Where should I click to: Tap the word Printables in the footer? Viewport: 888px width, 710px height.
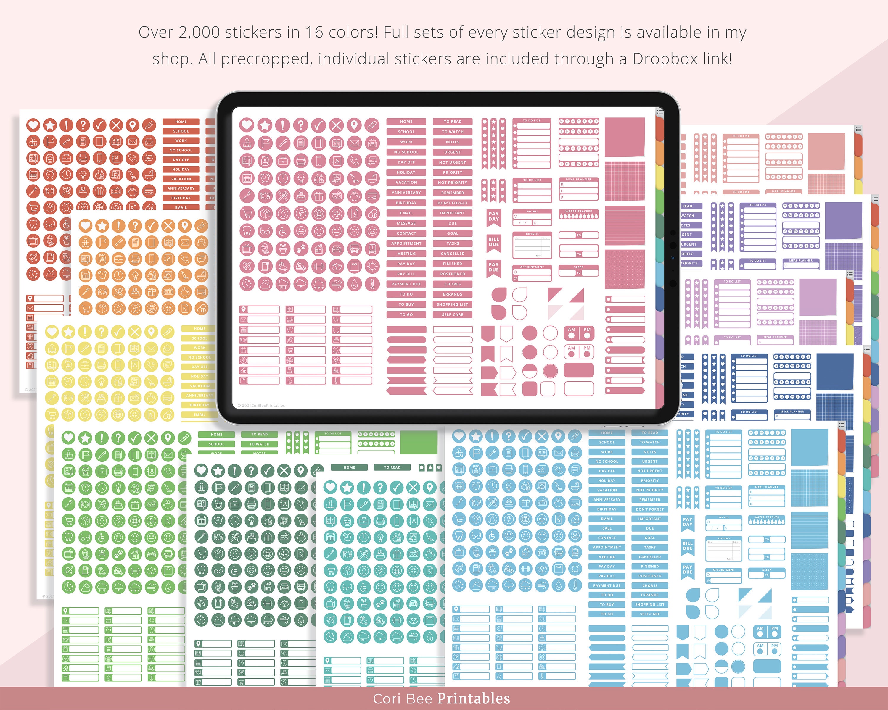[473, 699]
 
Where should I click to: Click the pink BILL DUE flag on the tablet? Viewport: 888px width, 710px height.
[493, 242]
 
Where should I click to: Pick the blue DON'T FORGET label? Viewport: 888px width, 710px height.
[649, 509]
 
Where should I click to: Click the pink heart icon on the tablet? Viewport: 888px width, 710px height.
[247, 125]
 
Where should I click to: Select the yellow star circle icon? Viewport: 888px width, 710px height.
[68, 332]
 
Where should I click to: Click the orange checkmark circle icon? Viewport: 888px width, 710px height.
[152, 225]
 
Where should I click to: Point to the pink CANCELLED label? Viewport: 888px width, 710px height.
[452, 254]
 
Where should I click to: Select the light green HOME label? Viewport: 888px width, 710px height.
[216, 435]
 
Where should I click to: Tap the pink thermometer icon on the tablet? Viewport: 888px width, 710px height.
[372, 284]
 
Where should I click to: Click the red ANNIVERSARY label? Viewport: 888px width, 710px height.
[181, 188]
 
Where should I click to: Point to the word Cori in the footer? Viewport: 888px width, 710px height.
[385, 699]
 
